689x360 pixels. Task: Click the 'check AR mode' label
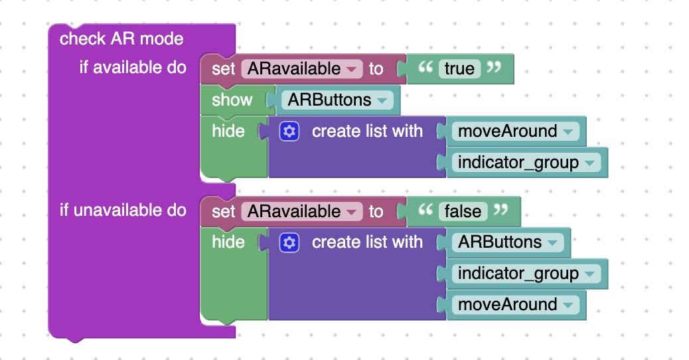click(x=121, y=39)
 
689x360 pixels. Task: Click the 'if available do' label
click(x=133, y=67)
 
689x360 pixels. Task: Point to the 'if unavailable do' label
click(x=123, y=210)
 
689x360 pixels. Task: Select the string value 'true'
click(x=459, y=68)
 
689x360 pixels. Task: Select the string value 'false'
click(x=463, y=211)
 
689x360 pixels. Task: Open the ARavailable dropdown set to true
click(x=302, y=68)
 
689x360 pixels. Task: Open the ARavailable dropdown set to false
click(x=302, y=211)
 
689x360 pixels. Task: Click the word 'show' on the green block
click(x=232, y=100)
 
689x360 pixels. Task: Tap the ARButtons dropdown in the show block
click(x=337, y=100)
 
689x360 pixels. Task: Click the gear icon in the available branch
click(x=289, y=131)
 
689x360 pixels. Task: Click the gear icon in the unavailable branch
click(x=289, y=242)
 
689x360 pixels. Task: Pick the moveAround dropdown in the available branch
click(x=516, y=131)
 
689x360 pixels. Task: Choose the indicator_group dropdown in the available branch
click(x=526, y=162)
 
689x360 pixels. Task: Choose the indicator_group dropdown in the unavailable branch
click(x=526, y=274)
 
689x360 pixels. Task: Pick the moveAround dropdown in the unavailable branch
click(x=516, y=305)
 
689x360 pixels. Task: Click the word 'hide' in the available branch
click(x=228, y=131)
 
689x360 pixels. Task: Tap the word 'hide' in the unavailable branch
click(x=228, y=242)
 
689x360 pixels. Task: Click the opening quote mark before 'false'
click(x=425, y=209)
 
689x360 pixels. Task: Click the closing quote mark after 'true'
click(x=493, y=66)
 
